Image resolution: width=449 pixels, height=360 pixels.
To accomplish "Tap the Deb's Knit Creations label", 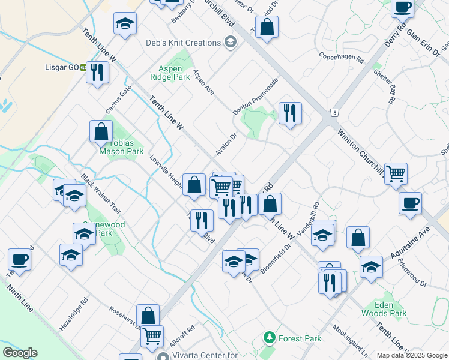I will (184, 43).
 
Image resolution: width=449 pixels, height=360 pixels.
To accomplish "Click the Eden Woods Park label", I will (384, 308).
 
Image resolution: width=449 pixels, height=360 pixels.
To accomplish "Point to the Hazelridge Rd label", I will (74, 316).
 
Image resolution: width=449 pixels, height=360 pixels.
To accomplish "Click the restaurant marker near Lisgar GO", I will (97, 73).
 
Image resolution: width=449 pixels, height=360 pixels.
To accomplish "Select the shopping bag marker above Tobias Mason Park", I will (101, 132).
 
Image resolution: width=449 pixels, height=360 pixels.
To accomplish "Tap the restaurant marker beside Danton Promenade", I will (290, 113).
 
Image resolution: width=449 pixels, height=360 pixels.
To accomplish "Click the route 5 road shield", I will (334, 112).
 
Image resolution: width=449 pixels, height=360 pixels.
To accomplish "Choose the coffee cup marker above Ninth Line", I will (19, 260).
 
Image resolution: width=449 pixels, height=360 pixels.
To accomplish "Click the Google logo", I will (20, 353).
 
